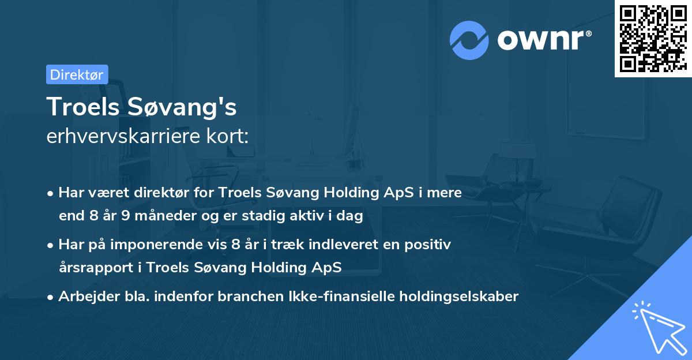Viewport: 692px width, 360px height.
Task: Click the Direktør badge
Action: click(77, 74)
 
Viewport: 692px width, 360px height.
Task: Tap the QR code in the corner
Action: click(652, 38)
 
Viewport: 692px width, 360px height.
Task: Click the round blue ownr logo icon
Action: click(469, 40)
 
